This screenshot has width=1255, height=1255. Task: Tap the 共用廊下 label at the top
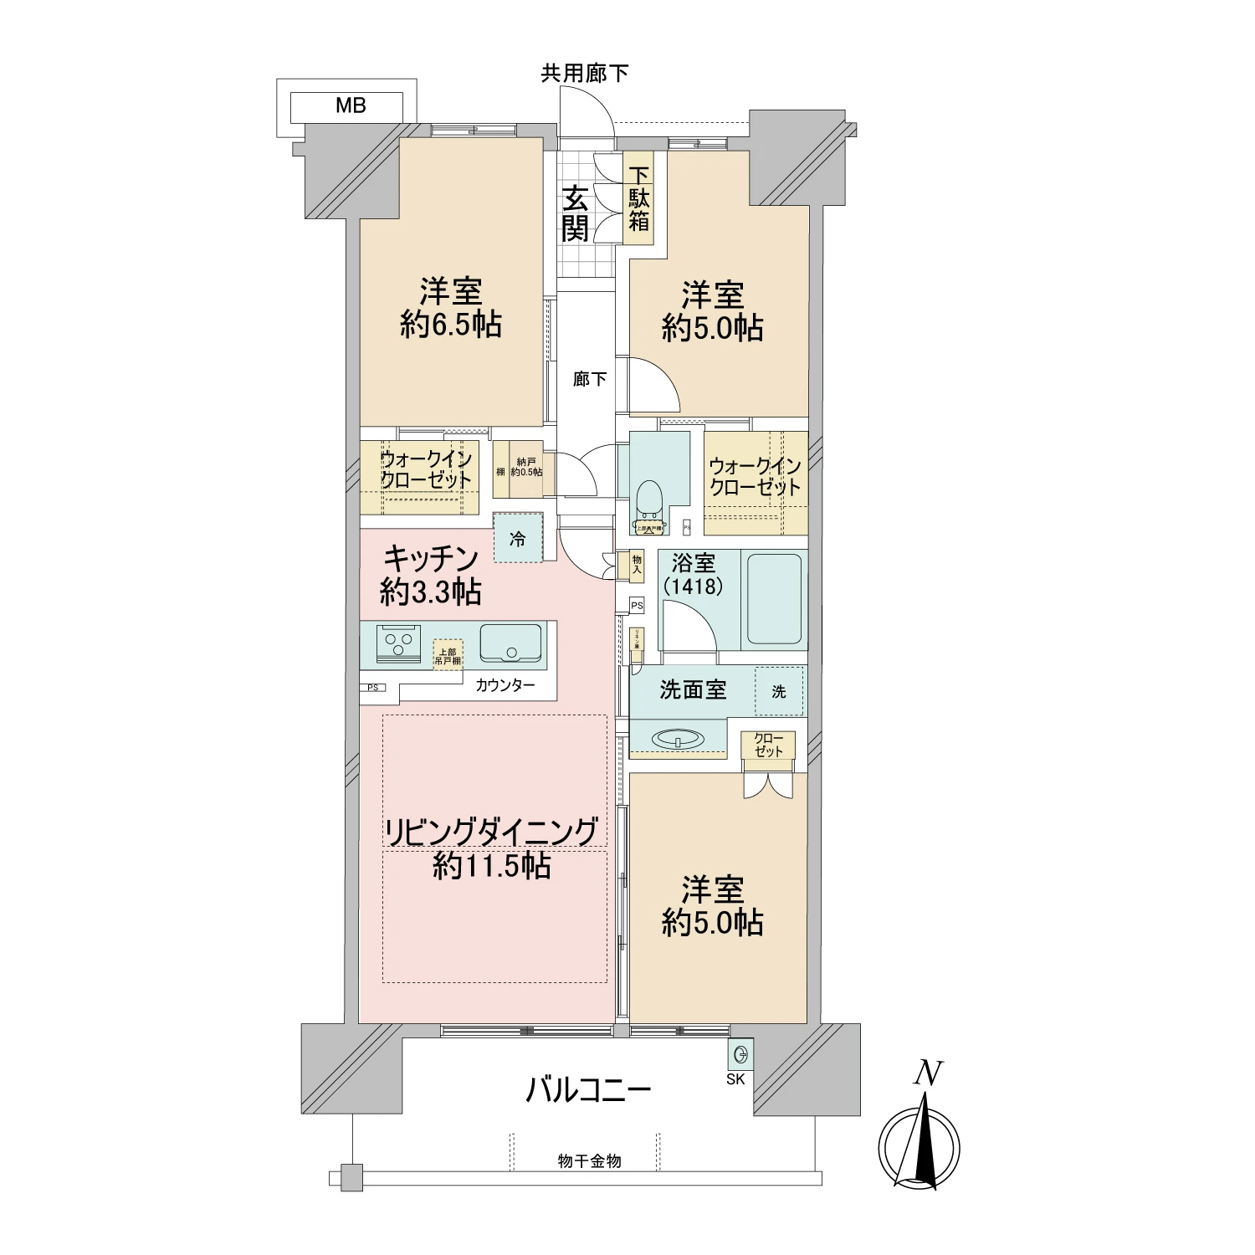584,74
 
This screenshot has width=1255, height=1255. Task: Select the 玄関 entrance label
575,214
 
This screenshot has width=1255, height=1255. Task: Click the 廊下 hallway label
589,380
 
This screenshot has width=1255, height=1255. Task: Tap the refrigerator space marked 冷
518,540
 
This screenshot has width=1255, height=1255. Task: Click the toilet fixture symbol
648,502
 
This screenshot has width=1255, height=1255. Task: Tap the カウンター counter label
505,686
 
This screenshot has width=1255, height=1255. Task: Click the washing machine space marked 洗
779,691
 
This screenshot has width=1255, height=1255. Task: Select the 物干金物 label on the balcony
589,1161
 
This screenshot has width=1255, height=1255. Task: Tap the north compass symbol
919,1145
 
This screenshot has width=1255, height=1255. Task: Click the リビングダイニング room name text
491,832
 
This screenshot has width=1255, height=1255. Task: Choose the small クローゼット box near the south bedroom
767,745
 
